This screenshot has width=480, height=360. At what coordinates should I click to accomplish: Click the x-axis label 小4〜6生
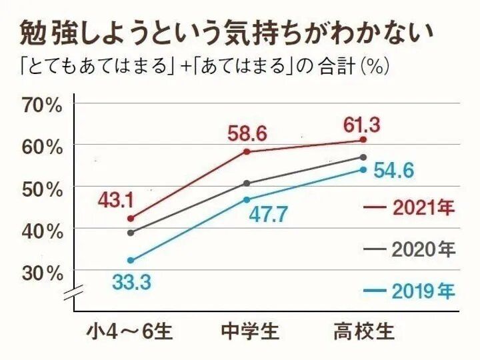point(129,331)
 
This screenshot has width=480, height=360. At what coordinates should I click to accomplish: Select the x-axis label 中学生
point(249,331)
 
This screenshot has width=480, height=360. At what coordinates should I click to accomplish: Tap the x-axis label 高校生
point(364,331)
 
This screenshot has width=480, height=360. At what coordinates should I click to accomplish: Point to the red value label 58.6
point(247,134)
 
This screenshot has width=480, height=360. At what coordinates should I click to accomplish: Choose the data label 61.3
point(363,123)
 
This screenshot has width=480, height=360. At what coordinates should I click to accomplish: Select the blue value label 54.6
point(393,171)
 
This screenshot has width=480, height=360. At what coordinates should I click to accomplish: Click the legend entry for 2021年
point(409,207)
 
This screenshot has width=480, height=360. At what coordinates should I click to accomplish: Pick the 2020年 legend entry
point(409,249)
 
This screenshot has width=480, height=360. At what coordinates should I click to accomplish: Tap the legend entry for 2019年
point(409,291)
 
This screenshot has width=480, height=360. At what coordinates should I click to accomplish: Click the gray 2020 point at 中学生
point(247,183)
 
